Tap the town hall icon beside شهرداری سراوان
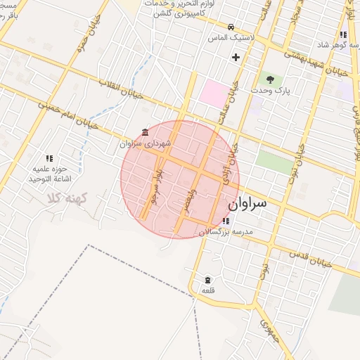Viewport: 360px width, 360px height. [145, 132]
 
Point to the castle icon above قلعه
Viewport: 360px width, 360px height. [207, 279]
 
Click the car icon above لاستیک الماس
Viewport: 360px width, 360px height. [221, 28]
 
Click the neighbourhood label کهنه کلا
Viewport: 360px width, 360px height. [65, 199]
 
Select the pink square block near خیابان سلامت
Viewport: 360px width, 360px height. [214, 94]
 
